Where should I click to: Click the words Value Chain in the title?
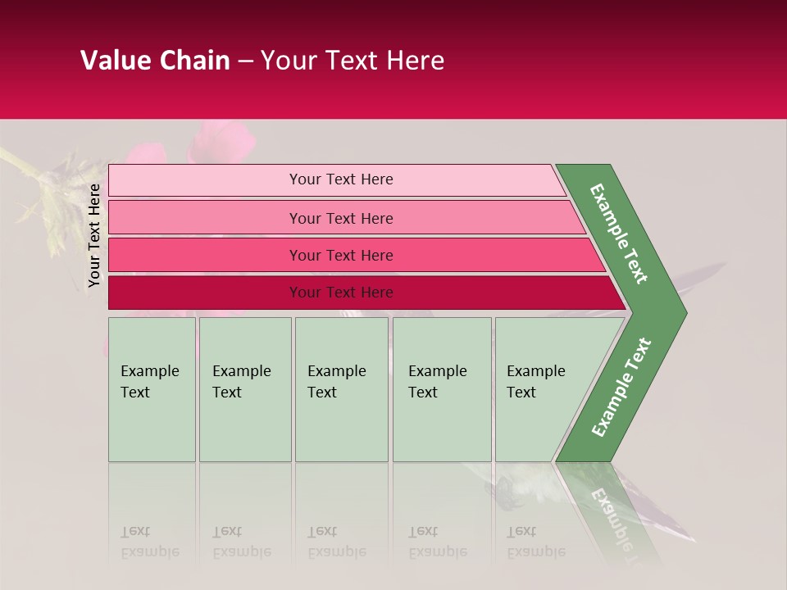155,61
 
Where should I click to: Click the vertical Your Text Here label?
94,235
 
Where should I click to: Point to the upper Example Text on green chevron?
619,234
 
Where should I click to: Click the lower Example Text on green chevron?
621,388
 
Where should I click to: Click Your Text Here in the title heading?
353,61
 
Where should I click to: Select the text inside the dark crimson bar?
341,293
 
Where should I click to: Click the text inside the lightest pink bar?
341,179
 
